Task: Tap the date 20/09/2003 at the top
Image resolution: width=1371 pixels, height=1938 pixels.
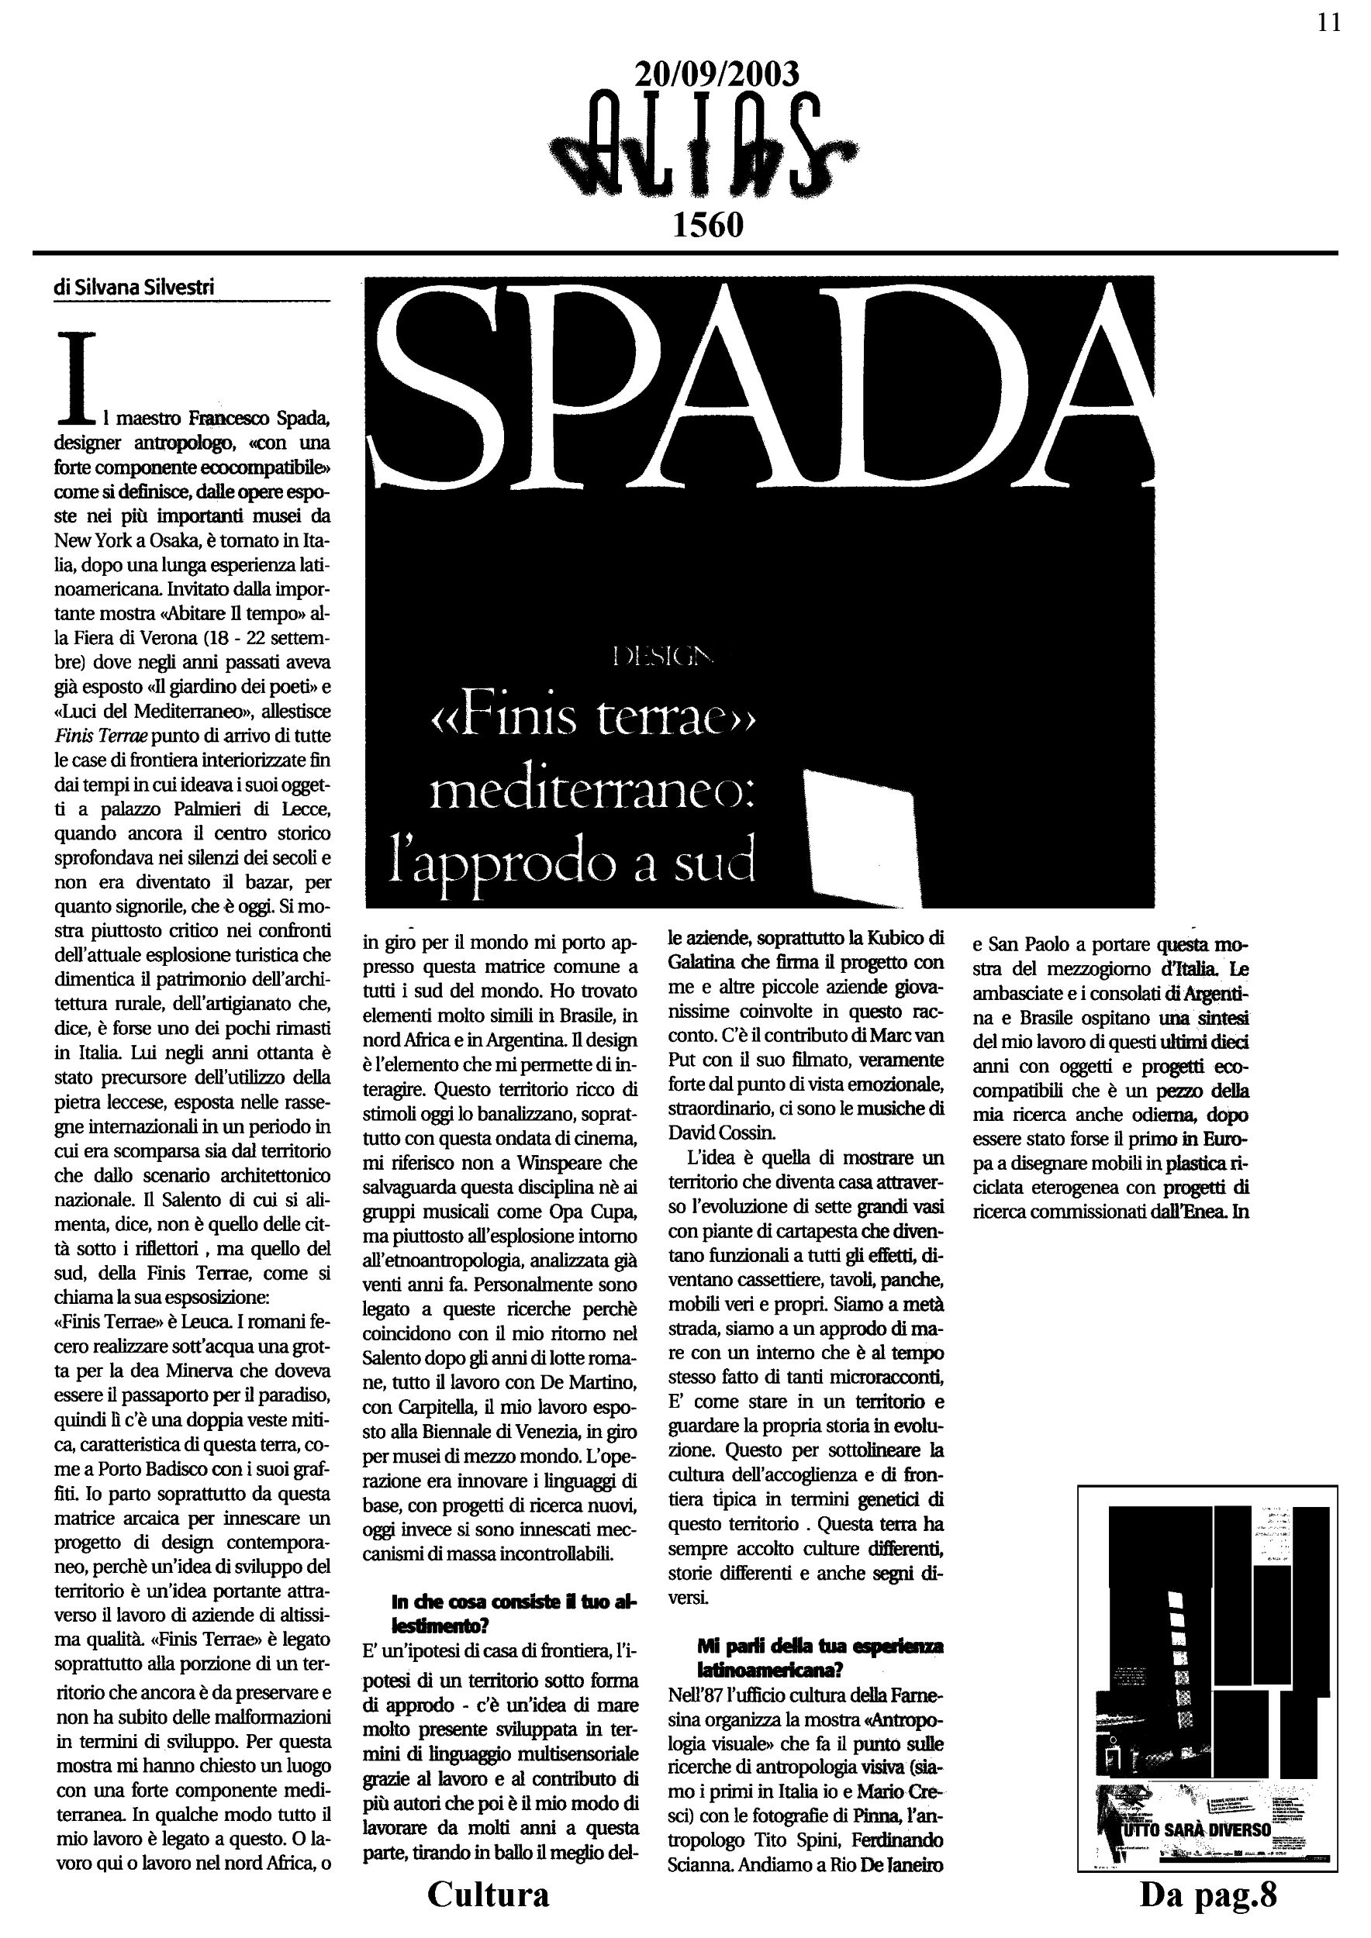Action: [716, 75]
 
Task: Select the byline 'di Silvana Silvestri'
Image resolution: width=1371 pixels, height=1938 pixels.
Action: [134, 287]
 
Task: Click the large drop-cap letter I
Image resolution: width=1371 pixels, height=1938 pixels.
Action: [74, 378]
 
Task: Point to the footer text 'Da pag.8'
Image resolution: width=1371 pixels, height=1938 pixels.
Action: [1208, 1893]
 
